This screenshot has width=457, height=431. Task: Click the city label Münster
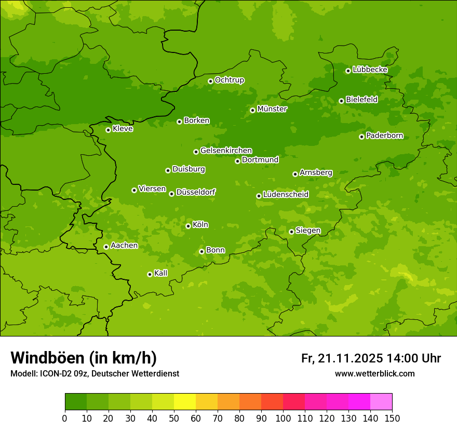point(272,109)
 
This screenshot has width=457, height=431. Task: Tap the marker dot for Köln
point(188,226)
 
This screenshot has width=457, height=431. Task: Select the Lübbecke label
point(370,70)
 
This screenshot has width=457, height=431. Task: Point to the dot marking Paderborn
point(361,137)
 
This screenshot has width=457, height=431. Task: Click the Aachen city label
point(124,246)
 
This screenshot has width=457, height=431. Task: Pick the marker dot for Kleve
point(108,130)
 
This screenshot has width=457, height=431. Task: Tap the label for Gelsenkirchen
point(226,151)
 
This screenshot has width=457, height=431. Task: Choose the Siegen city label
point(308,231)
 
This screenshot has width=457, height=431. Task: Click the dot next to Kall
point(150,274)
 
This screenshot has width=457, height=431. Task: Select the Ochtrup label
point(229,80)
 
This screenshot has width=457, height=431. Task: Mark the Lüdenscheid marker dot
point(259,196)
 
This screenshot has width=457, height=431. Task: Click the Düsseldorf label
point(196,192)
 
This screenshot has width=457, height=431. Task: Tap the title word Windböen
point(47,358)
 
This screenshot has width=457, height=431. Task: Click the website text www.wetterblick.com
point(374,373)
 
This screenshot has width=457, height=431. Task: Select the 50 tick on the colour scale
point(174,418)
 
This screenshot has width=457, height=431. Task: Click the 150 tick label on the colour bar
point(392,418)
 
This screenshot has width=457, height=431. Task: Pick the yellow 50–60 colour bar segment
point(185,402)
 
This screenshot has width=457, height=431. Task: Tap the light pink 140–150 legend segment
point(381,402)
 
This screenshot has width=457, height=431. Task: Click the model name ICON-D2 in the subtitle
point(57,373)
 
